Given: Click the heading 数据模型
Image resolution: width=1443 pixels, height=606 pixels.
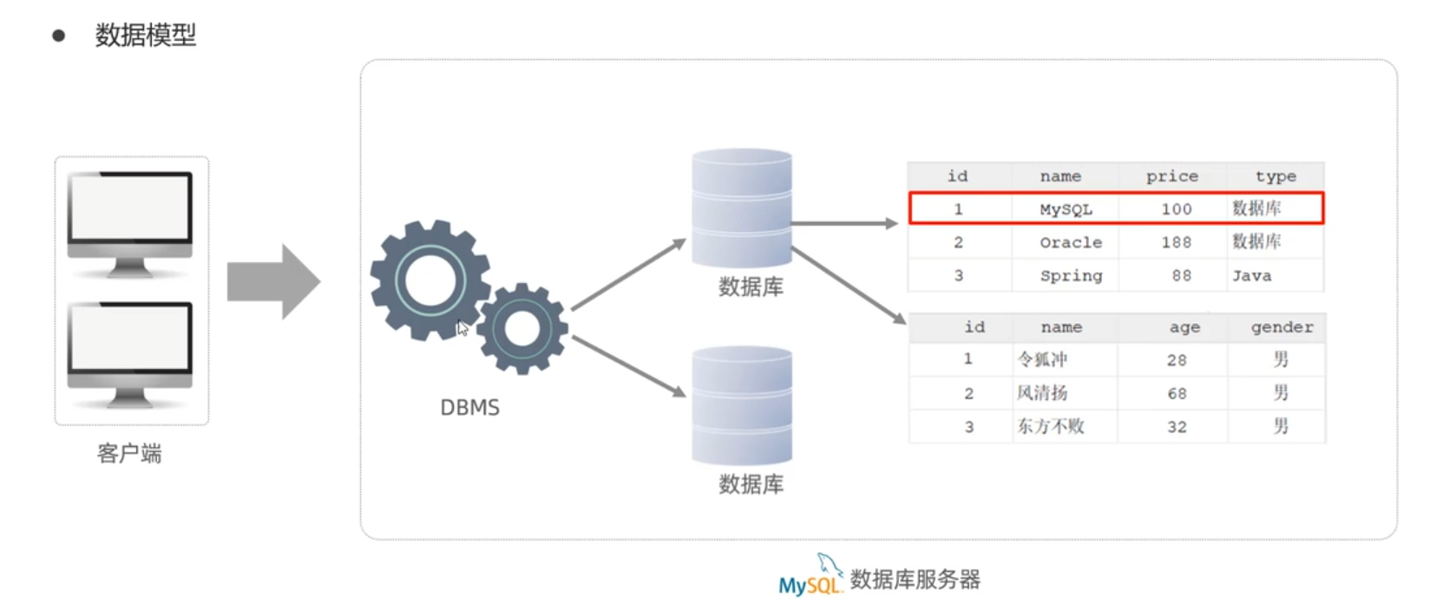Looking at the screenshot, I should [x=145, y=36].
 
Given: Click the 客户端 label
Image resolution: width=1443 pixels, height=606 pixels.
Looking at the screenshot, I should [x=129, y=453].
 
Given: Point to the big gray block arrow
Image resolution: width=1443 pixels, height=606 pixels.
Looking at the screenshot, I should [x=274, y=281].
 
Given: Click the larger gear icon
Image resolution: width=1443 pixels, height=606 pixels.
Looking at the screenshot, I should [x=430, y=280].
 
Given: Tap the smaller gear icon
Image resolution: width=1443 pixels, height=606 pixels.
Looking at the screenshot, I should [x=522, y=328].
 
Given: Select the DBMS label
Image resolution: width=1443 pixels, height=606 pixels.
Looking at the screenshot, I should [x=469, y=407].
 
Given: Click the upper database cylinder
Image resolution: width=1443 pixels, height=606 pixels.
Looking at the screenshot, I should [x=742, y=208].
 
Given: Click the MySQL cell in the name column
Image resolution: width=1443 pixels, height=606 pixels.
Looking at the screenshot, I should [x=1066, y=209].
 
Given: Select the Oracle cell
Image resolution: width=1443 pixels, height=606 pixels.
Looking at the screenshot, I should [x=1071, y=242].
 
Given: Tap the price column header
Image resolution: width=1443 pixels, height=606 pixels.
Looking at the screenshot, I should [x=1171, y=176].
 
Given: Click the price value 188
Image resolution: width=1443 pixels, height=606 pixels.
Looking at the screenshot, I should [x=1176, y=242].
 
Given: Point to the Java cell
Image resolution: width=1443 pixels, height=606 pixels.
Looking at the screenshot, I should [x=1251, y=276].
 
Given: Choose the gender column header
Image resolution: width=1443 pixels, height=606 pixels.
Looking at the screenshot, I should [x=1281, y=327].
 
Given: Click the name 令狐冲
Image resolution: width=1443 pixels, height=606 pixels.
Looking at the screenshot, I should [x=1042, y=359].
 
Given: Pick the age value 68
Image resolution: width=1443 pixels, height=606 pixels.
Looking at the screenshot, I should [x=1176, y=393].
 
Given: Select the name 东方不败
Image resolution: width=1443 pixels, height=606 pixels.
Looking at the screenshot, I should [x=1050, y=426].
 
